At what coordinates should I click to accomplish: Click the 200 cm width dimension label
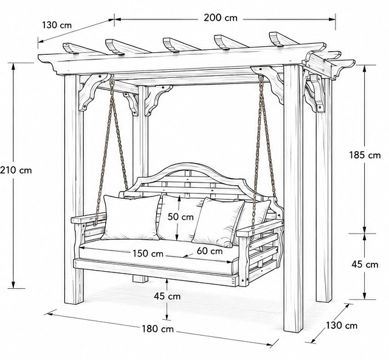[221, 18]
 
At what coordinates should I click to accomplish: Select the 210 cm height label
[16, 170]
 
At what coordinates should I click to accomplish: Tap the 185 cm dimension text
[365, 155]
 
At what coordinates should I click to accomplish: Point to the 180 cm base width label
[158, 329]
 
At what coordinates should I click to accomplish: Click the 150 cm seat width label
[148, 254]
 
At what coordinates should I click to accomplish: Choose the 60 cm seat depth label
[210, 251]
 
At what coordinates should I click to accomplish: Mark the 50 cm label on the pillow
[181, 216]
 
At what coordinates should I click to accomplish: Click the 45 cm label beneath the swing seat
[167, 296]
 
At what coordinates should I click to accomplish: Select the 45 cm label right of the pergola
[365, 265]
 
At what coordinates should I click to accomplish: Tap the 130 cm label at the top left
[57, 25]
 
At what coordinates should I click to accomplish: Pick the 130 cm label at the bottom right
[342, 325]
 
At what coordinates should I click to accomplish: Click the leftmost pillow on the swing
[131, 217]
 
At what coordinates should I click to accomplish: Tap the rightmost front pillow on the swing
[218, 222]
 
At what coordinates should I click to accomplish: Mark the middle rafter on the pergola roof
[182, 44]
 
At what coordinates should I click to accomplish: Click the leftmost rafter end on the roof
[69, 47]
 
